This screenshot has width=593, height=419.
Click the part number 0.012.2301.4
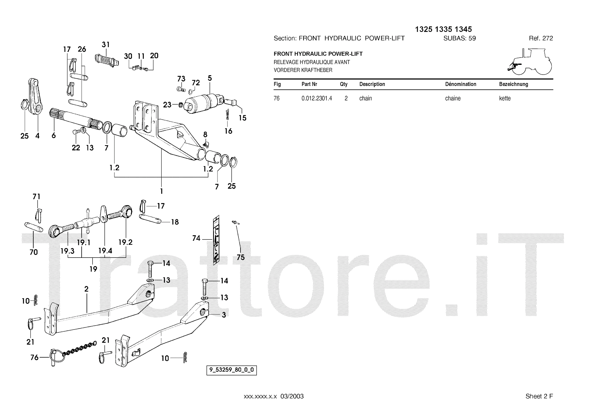pos(317,99)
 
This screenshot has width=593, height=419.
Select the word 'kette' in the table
pos(505,99)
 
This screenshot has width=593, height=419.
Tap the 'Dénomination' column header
pos(460,84)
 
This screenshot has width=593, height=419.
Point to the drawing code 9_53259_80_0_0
pos(232,370)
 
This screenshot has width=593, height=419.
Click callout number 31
pos(106,45)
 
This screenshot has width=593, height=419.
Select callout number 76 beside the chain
pos(34,358)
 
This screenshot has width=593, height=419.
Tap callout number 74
pos(196,238)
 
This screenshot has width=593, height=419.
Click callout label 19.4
pos(105,251)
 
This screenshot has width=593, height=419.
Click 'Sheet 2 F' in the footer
pos(539,396)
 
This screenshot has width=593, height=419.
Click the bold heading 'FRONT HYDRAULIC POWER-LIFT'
pos(318,54)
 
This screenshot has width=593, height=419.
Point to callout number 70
pos(33,252)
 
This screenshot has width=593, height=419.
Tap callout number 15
pos(242,118)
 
